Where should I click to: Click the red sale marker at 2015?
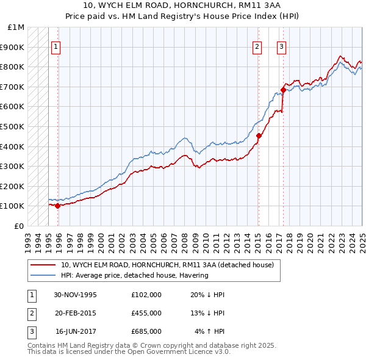pos(259,136)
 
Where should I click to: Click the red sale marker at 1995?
pos(58,206)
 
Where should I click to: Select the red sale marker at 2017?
pos(283,90)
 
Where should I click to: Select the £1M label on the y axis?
pos(16,27)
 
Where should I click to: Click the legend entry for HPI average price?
pos(134,275)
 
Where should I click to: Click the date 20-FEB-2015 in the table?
pos(75,313)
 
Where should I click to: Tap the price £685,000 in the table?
pos(146,331)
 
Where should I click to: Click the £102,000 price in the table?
pos(146,295)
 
